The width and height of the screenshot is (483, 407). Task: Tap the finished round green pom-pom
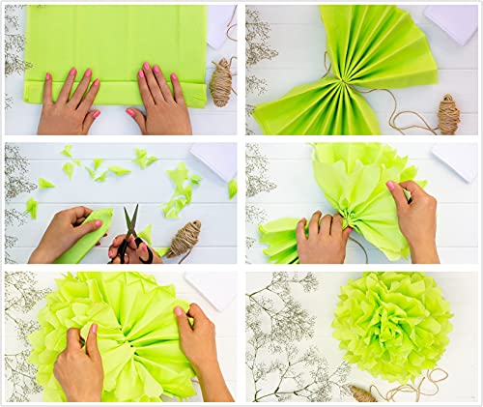391,325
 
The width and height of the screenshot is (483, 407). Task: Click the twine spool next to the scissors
185,237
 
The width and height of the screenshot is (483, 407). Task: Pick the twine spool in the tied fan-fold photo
449,114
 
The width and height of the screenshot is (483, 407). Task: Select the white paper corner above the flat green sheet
221,19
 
